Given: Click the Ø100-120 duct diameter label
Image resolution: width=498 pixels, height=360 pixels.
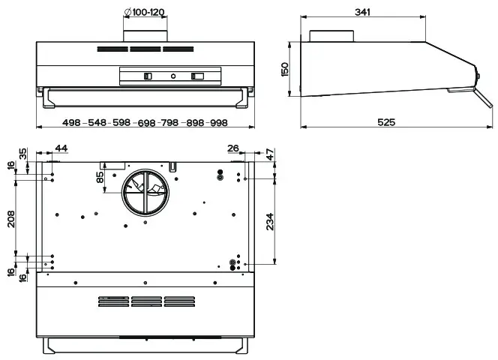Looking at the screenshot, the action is point(145,12).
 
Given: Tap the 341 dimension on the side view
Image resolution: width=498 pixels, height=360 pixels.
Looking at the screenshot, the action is point(362,12).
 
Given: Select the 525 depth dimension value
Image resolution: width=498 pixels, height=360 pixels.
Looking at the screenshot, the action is point(386,122).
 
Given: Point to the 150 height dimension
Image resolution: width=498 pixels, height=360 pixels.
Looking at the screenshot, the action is point(285,69).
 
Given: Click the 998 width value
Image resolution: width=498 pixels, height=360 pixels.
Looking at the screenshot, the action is point(219,123).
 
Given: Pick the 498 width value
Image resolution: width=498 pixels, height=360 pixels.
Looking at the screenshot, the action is point(71,123).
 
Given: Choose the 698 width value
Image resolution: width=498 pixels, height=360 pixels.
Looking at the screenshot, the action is point(146,123).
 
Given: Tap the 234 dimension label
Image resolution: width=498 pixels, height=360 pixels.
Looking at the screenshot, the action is point(270,221).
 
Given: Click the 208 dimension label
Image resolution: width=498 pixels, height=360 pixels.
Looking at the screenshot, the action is point(11,218).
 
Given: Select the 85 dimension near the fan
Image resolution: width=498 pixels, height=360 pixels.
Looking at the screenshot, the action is point(100,177).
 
